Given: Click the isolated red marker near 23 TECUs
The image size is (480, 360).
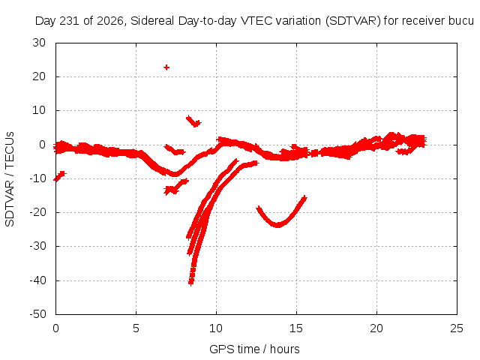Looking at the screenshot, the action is click(x=166, y=67).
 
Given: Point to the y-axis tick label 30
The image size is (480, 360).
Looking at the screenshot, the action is click(x=39, y=43).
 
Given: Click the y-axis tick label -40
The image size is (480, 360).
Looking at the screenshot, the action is click(x=37, y=280).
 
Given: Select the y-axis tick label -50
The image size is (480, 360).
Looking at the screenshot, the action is click(x=37, y=314).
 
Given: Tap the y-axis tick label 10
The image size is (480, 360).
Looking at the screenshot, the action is click(x=39, y=110).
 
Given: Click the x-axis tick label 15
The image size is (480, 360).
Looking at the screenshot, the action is click(x=296, y=328).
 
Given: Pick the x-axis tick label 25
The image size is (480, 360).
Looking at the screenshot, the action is click(x=457, y=328).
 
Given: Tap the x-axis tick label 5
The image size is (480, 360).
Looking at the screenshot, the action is click(x=136, y=328).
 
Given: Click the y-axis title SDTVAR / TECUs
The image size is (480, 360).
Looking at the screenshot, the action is click(x=10, y=179).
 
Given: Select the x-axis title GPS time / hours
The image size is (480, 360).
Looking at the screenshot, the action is click(x=254, y=349).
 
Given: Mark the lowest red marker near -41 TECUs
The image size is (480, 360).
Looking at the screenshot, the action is click(x=191, y=283).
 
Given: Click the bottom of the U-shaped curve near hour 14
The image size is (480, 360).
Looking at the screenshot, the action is click(x=277, y=225).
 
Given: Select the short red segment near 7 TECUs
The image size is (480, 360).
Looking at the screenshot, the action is click(x=193, y=121).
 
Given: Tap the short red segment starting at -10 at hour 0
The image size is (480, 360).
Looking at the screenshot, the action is click(x=60, y=176).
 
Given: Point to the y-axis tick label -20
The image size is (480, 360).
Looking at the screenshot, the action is click(x=37, y=212).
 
